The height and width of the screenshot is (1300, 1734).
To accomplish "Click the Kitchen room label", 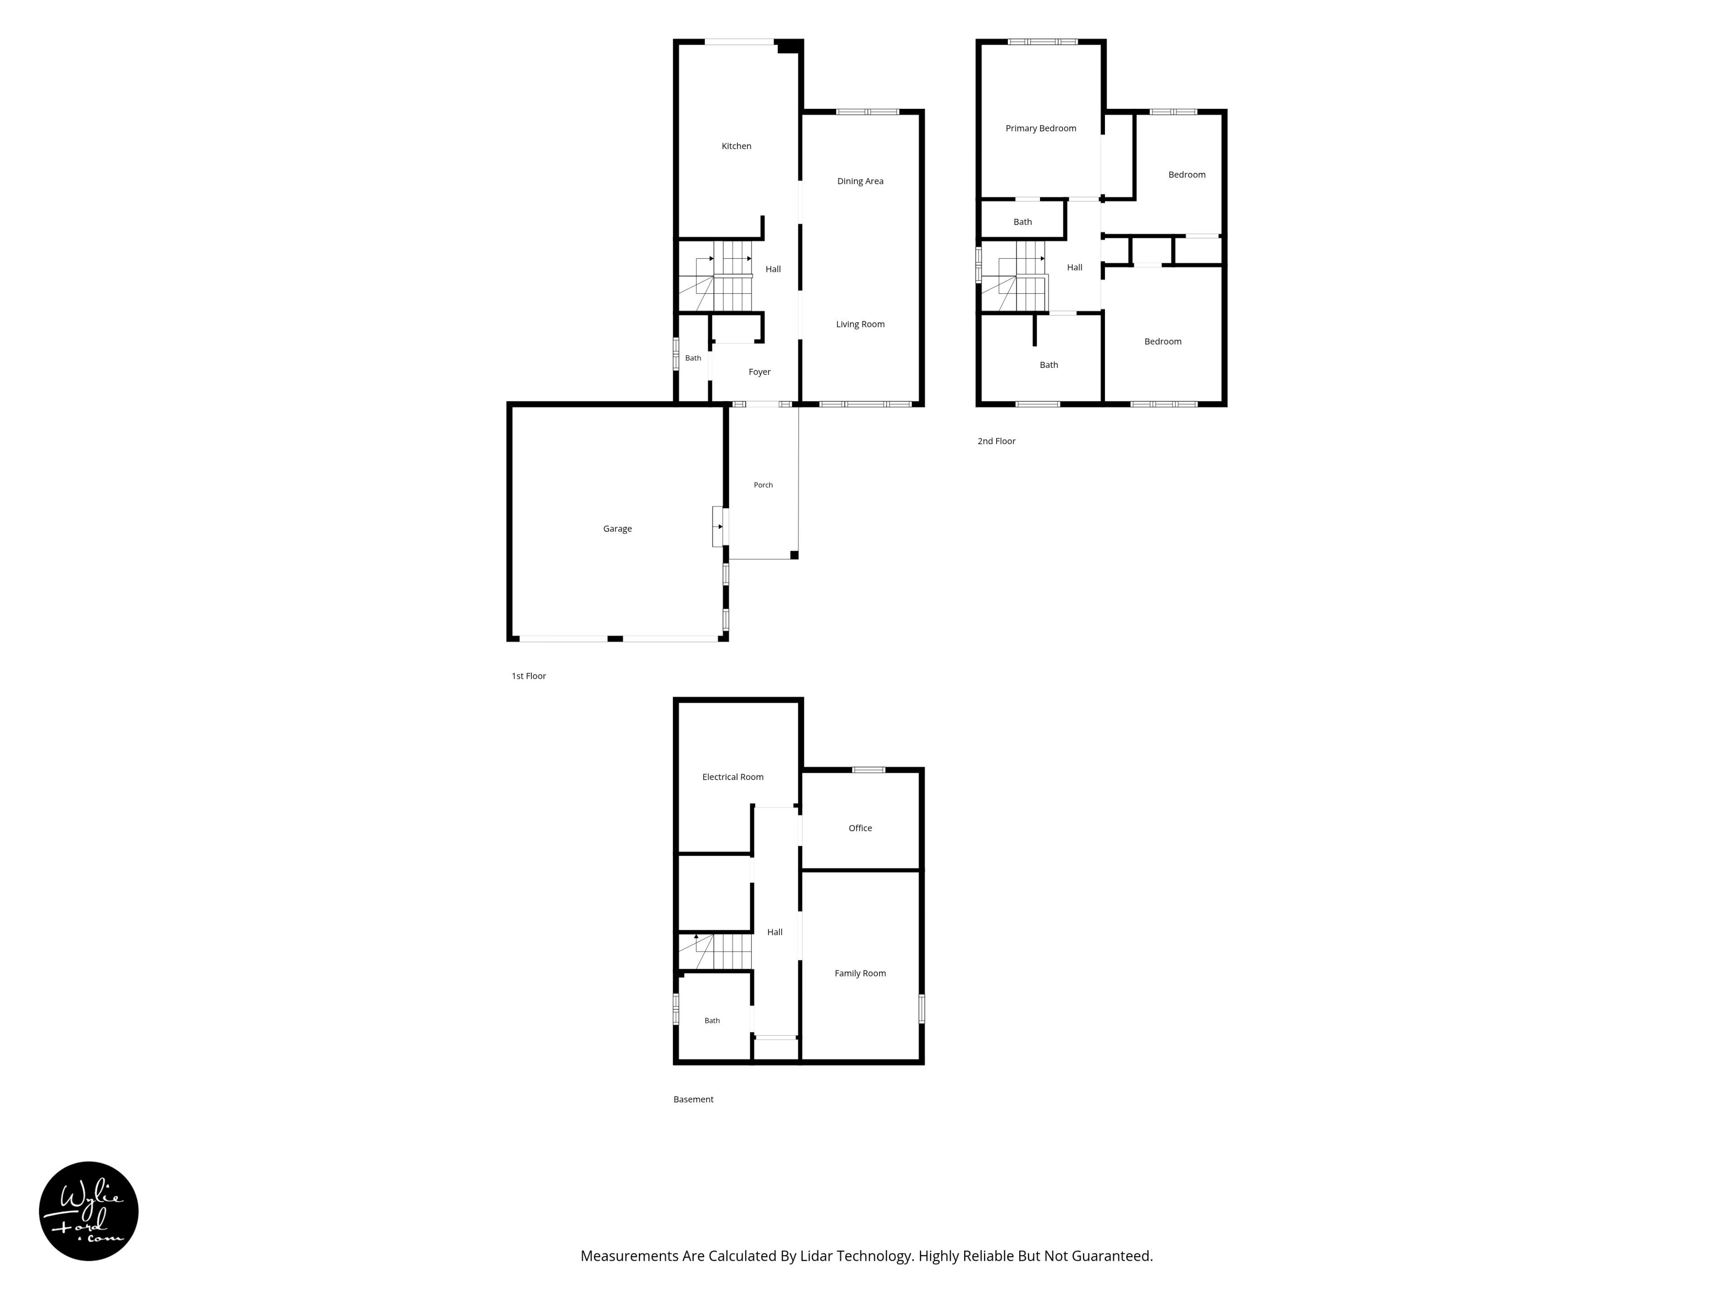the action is click(x=736, y=146).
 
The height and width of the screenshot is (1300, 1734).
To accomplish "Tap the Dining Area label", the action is click(x=860, y=181).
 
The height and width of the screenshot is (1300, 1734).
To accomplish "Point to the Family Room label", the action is click(x=860, y=973).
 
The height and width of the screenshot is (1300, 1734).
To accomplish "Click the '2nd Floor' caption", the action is click(x=996, y=441).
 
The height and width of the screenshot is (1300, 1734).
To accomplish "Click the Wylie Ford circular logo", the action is click(x=89, y=1211).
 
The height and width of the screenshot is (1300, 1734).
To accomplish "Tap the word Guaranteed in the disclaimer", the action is click(x=1112, y=1255).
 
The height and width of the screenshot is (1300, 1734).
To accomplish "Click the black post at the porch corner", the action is click(x=794, y=555).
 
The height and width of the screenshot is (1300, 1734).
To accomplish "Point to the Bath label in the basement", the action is click(x=712, y=1020).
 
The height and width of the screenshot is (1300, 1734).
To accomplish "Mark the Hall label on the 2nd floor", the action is click(x=1074, y=267).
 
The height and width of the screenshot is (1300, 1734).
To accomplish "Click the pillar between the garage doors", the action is click(x=615, y=639).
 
